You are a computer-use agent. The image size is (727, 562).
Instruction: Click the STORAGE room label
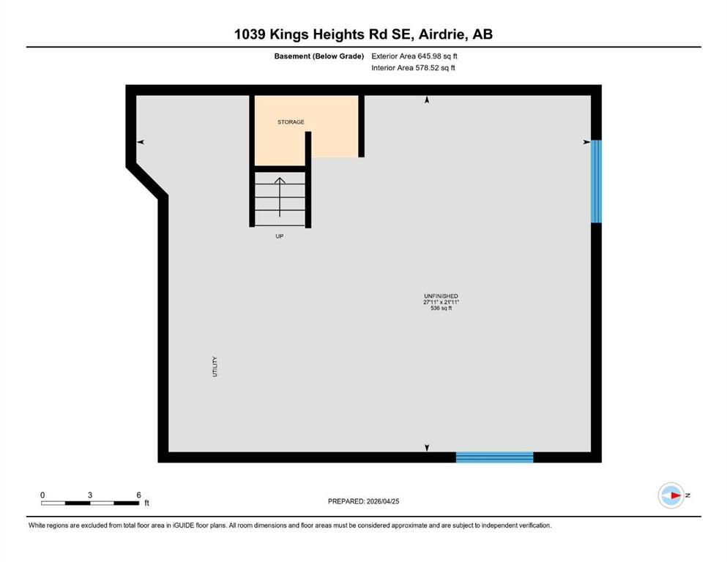(291, 122)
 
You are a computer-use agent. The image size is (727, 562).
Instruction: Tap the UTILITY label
(215, 367)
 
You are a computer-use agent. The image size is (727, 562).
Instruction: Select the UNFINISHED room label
(441, 296)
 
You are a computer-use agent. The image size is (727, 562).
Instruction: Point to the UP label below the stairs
(280, 236)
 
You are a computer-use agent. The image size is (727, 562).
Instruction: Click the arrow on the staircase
(280, 197)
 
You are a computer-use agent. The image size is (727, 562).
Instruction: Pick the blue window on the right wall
(596, 181)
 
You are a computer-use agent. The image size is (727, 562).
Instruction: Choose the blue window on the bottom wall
(495, 457)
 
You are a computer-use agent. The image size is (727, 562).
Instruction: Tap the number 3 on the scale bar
(90, 495)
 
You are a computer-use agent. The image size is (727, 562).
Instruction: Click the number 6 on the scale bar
(138, 495)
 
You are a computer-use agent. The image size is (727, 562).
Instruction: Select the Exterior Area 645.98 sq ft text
(414, 56)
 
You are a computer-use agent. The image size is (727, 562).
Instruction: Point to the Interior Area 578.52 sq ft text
(413, 67)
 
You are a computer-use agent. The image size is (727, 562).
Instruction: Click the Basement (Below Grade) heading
(319, 56)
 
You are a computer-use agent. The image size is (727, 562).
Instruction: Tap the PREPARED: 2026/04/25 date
(363, 501)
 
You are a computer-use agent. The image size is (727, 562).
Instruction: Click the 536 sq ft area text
(441, 308)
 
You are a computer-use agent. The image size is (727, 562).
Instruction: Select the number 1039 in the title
(250, 34)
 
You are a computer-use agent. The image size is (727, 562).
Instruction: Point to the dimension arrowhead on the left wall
(141, 142)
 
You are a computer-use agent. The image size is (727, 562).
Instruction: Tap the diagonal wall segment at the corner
(147, 181)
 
